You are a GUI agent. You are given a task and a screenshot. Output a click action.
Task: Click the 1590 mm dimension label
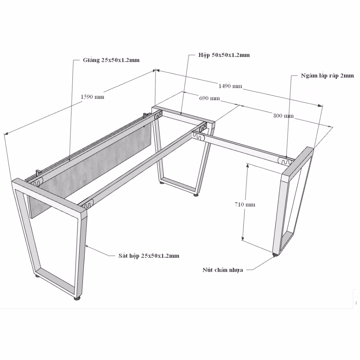coord(92,97)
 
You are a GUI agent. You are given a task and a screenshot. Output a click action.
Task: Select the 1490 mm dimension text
coord(230,86)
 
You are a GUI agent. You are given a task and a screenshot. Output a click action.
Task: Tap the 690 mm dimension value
coord(210,98)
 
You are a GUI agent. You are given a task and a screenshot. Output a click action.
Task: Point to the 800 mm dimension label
coord(284,116)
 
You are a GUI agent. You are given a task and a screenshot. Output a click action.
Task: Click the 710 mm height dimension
coord(245,204)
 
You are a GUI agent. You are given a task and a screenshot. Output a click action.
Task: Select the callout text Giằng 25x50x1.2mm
coord(111,60)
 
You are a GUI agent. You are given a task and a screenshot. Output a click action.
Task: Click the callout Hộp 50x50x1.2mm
coord(224,55)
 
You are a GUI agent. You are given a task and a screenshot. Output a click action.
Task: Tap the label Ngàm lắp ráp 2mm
coord(327,76)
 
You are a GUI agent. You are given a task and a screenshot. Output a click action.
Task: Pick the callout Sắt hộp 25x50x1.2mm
coord(149,256)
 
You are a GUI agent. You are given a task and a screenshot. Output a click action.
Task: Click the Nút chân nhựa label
coord(223,270)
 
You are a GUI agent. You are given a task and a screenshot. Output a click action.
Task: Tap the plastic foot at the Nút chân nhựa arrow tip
coord(275,255)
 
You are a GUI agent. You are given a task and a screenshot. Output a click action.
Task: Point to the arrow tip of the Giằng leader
coord(70,160)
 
